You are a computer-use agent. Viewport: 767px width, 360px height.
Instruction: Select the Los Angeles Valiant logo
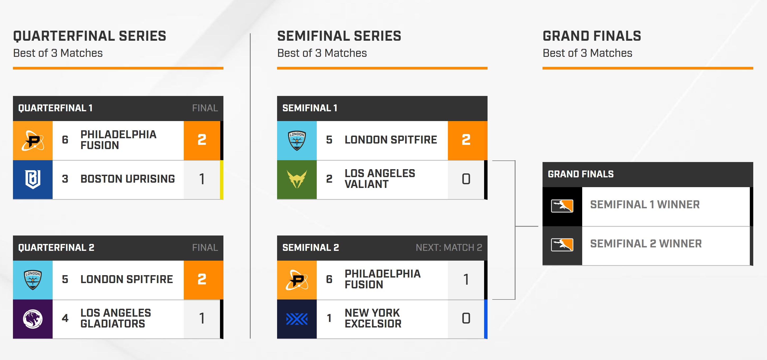297,179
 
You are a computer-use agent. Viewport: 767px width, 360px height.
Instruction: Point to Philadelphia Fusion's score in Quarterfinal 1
202,140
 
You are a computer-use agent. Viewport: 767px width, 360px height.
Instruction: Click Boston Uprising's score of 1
202,179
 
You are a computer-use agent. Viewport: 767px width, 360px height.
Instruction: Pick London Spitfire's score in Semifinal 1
466,140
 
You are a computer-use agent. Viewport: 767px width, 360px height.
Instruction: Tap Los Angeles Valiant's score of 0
466,179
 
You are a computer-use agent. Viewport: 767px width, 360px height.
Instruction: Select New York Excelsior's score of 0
466,318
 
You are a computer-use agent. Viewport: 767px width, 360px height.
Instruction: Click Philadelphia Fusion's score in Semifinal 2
466,279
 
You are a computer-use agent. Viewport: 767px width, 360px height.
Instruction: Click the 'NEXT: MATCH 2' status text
449,247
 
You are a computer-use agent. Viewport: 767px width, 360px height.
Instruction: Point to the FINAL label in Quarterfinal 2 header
205,247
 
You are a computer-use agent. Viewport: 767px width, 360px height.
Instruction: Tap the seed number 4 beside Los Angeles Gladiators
65,318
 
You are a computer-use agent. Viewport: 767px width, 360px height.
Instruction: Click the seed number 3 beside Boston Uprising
65,179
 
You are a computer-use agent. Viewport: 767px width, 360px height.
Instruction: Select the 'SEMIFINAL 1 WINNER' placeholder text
645,205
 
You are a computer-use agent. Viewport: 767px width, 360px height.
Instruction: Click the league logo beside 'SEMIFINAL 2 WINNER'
562,245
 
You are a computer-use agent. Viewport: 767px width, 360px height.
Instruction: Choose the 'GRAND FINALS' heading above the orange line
592,36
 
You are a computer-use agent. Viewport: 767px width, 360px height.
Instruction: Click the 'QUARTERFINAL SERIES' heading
90,36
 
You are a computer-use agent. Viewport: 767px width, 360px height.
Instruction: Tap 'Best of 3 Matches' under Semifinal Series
322,53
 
